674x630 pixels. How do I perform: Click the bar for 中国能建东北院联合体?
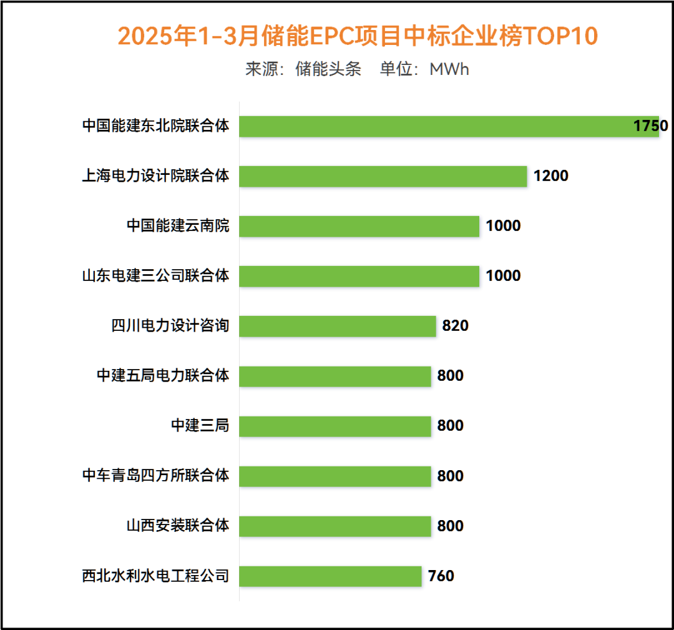coord(449,126)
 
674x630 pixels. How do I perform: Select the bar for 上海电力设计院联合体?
coord(383,176)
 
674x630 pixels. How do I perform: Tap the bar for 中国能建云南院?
coord(359,226)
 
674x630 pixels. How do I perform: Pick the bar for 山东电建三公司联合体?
coord(359,276)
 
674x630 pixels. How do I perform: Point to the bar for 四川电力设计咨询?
coord(337,326)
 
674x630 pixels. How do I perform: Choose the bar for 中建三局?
coord(335,426)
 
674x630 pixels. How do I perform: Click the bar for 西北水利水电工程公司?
coord(330,576)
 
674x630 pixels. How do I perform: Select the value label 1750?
coord(650,126)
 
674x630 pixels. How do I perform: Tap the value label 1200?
coord(550,176)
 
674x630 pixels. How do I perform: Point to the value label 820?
coord(455,326)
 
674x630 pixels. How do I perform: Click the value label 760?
coord(441,576)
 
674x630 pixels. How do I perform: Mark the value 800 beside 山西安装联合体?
coord(450,526)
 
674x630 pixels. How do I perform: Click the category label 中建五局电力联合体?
coord(163,376)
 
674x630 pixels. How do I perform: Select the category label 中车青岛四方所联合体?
coord(155,476)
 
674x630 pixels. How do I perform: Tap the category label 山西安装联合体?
coord(178,526)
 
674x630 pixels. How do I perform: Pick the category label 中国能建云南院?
coord(178,226)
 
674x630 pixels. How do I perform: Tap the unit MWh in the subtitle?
coord(449,69)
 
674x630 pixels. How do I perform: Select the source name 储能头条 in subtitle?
coord(328,69)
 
